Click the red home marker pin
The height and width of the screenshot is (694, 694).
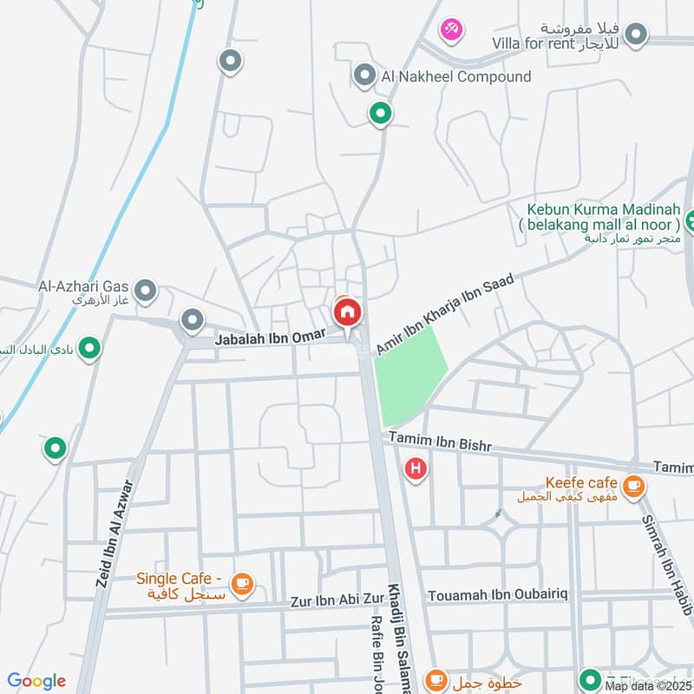[347, 312]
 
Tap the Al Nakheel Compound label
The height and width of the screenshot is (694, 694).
[455, 76]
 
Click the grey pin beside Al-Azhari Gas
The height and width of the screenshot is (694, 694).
[146, 291]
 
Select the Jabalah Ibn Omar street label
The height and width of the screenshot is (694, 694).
[272, 336]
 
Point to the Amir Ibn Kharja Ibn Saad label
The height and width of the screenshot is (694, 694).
[445, 314]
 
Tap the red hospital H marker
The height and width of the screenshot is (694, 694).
[416, 469]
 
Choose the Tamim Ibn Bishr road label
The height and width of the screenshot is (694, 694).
[440, 442]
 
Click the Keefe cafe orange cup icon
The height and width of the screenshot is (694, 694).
[634, 485]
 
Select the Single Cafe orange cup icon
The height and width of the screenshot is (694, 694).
[242, 585]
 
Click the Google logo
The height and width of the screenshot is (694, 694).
[36, 681]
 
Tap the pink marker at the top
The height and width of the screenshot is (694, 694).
[451, 30]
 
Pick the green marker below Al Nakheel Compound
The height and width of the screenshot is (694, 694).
[379, 113]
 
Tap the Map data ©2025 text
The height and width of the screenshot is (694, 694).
[649, 685]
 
